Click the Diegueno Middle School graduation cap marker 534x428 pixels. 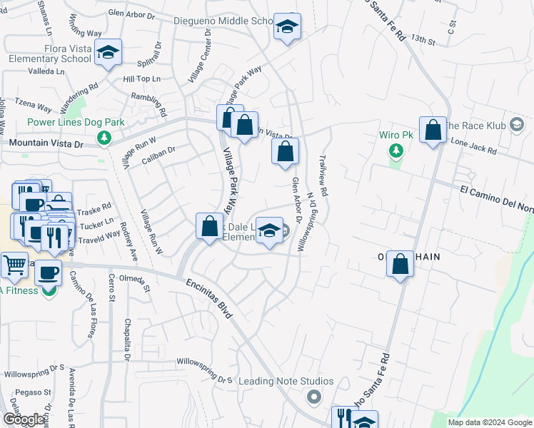coord(287,27)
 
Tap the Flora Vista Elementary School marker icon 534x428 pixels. coord(109,53)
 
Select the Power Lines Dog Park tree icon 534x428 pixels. coord(105,137)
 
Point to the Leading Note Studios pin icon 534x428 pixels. coord(313,396)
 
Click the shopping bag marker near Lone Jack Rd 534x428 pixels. coord(433,131)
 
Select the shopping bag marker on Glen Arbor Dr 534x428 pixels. coord(285,152)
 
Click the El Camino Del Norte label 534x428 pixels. coord(496,190)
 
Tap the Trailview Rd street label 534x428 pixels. coord(323,175)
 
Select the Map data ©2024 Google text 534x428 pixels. coord(490,422)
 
